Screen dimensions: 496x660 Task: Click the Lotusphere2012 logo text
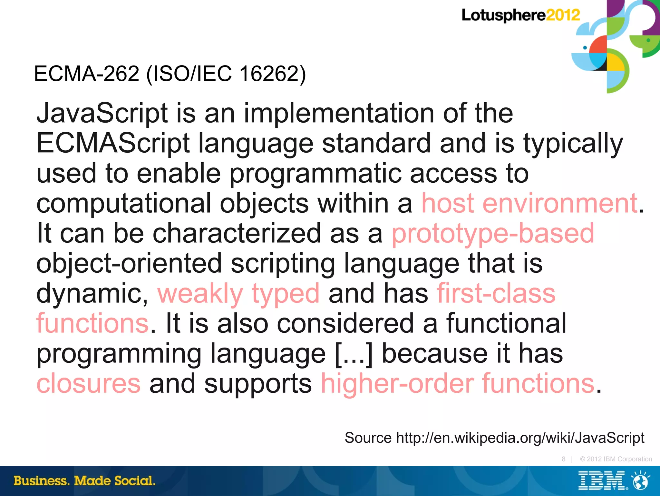click(x=520, y=15)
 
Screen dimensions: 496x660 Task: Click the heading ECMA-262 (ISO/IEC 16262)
click(x=170, y=74)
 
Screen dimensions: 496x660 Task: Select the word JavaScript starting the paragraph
click(x=102, y=114)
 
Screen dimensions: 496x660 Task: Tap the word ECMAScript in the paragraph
click(x=113, y=143)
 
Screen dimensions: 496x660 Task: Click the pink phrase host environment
click(x=529, y=204)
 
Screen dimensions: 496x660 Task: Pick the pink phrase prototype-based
click(x=493, y=233)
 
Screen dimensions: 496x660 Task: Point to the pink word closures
click(x=89, y=383)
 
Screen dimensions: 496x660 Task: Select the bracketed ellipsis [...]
click(x=354, y=354)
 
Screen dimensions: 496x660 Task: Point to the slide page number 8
click(x=563, y=459)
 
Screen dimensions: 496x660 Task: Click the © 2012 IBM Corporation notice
click(x=616, y=459)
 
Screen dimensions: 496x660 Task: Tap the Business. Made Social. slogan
click(x=84, y=481)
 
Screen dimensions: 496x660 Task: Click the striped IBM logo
click(x=601, y=481)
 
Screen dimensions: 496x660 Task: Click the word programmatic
click(x=315, y=174)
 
